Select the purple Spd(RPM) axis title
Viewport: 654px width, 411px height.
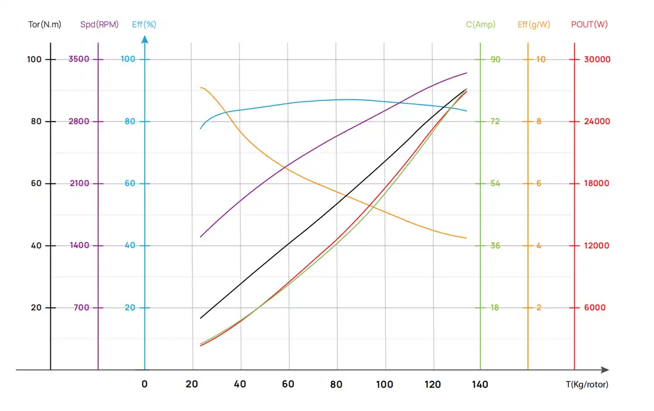click(x=99, y=25)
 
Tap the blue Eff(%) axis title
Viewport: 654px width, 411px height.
click(x=144, y=25)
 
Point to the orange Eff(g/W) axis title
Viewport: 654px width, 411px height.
click(x=534, y=25)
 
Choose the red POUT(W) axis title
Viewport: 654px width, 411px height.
click(x=589, y=25)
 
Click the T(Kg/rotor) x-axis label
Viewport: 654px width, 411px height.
click(x=587, y=385)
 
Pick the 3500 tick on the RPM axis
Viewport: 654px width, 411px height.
click(x=79, y=59)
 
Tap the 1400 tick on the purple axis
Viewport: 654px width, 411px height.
click(x=79, y=245)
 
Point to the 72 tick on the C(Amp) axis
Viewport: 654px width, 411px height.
click(x=495, y=122)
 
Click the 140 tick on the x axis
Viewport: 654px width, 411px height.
click(x=480, y=385)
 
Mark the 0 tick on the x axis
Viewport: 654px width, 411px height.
click(x=145, y=385)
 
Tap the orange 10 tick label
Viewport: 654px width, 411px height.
click(x=540, y=59)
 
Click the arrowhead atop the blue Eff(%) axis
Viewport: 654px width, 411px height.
click(x=145, y=39)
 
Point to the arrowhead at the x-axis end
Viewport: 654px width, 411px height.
click(x=605, y=370)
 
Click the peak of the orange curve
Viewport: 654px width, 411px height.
click(x=201, y=87)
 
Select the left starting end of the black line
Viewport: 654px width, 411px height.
click(x=201, y=318)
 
